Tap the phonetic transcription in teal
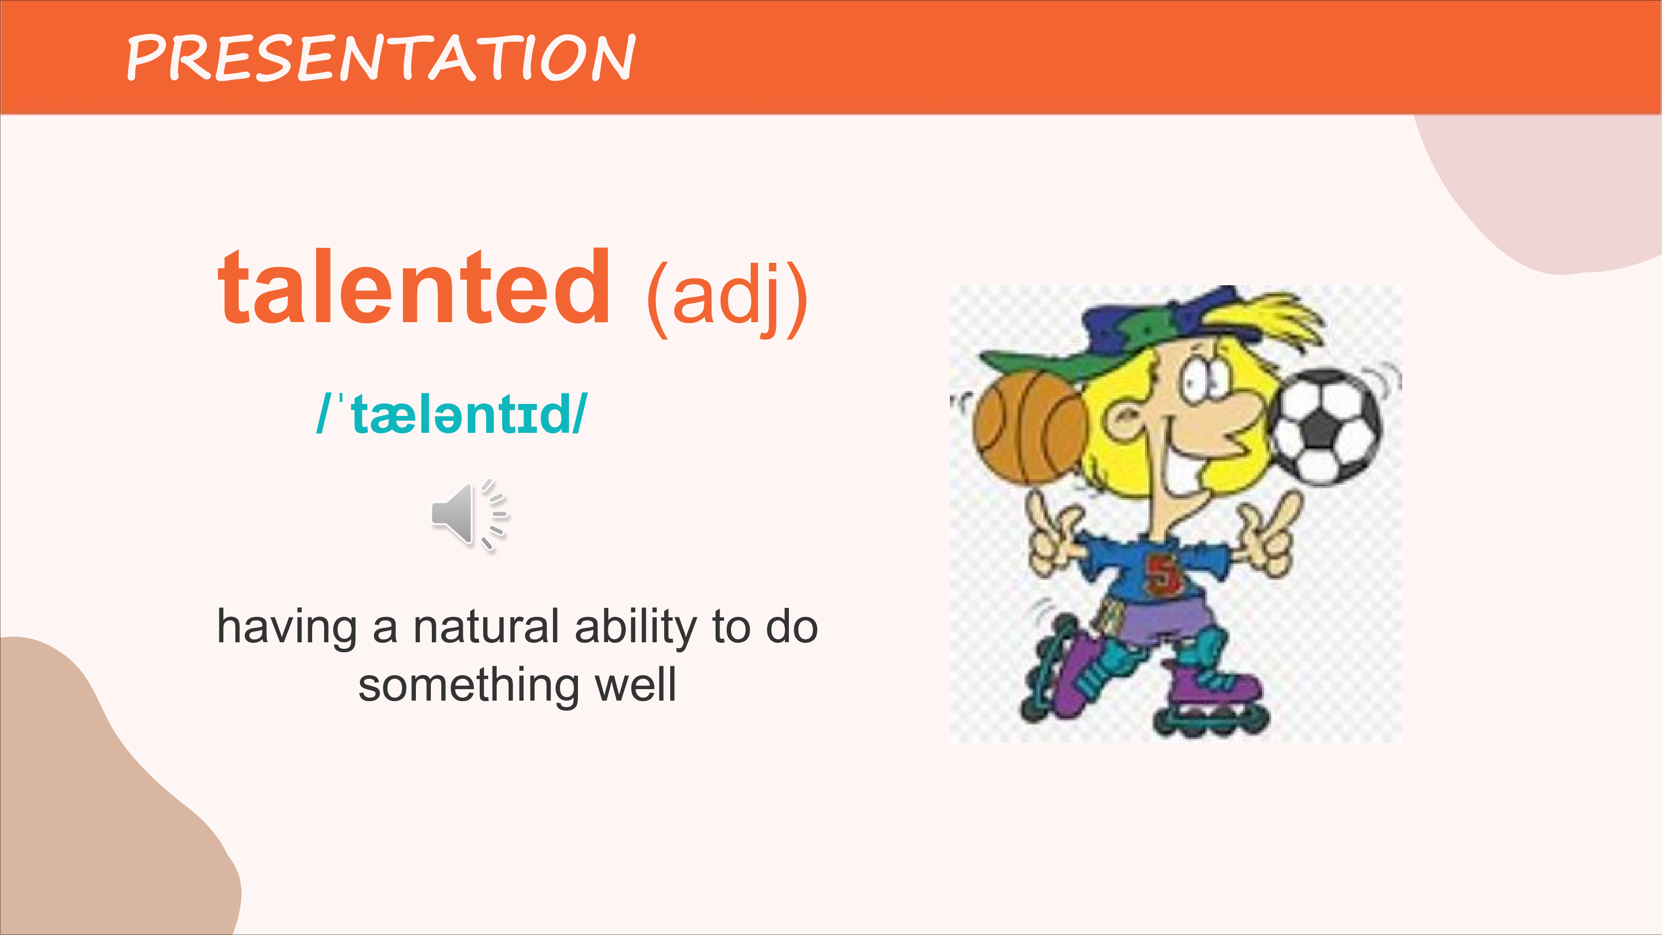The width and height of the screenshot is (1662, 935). pos(452,413)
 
